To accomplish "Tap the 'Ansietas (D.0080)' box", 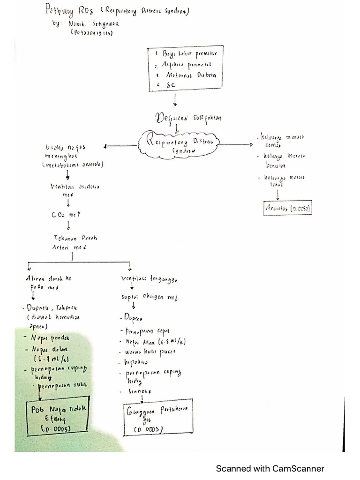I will pyautogui.click(x=288, y=208).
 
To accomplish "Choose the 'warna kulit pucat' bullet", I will pyautogui.click(x=148, y=352).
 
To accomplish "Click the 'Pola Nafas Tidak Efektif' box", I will pyautogui.click(x=58, y=418).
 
